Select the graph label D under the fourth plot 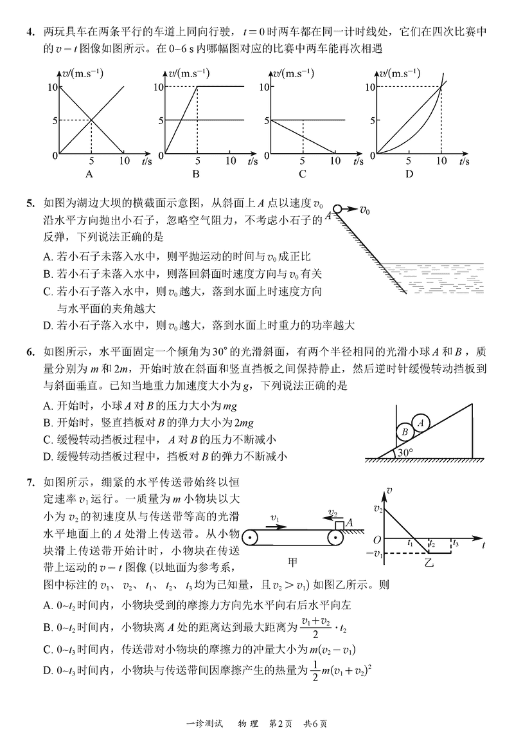click(x=409, y=174)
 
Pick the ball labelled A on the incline click(x=421, y=423)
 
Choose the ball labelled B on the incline click(x=405, y=432)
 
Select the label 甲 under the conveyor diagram click(x=293, y=561)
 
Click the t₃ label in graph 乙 click(x=456, y=544)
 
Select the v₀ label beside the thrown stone click(x=364, y=209)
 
